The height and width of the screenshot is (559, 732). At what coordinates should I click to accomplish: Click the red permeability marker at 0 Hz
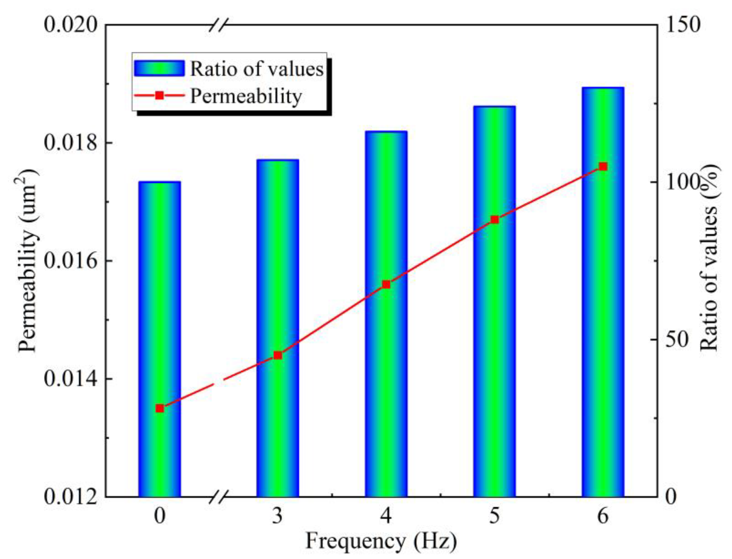160,408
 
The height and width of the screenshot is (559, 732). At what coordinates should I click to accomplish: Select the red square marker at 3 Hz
277,356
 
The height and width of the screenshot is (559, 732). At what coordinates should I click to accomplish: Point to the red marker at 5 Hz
495,220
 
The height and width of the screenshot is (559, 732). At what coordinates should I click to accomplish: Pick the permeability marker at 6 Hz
603,166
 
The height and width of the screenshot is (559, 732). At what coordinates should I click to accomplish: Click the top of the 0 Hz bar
160,182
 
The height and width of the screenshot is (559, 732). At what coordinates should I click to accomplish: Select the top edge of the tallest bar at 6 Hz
603,88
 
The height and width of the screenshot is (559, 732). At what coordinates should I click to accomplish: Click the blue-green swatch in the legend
159,68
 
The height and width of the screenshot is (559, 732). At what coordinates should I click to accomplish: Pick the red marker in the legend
159,96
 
